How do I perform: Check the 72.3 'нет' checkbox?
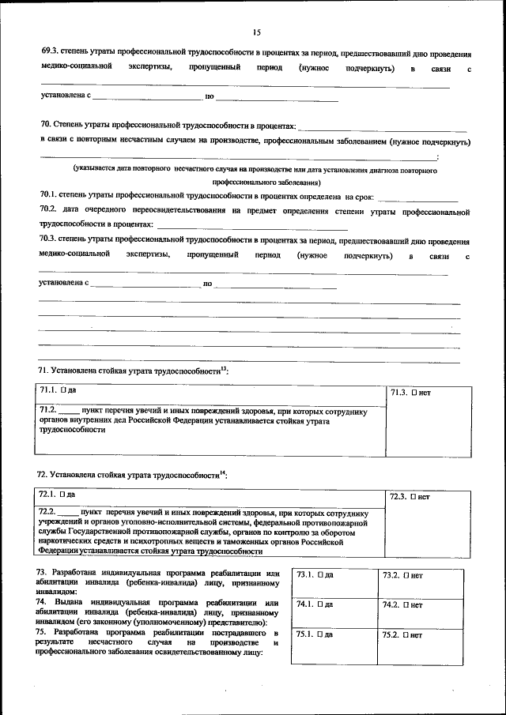point(413,497)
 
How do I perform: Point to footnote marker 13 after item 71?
point(224,367)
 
